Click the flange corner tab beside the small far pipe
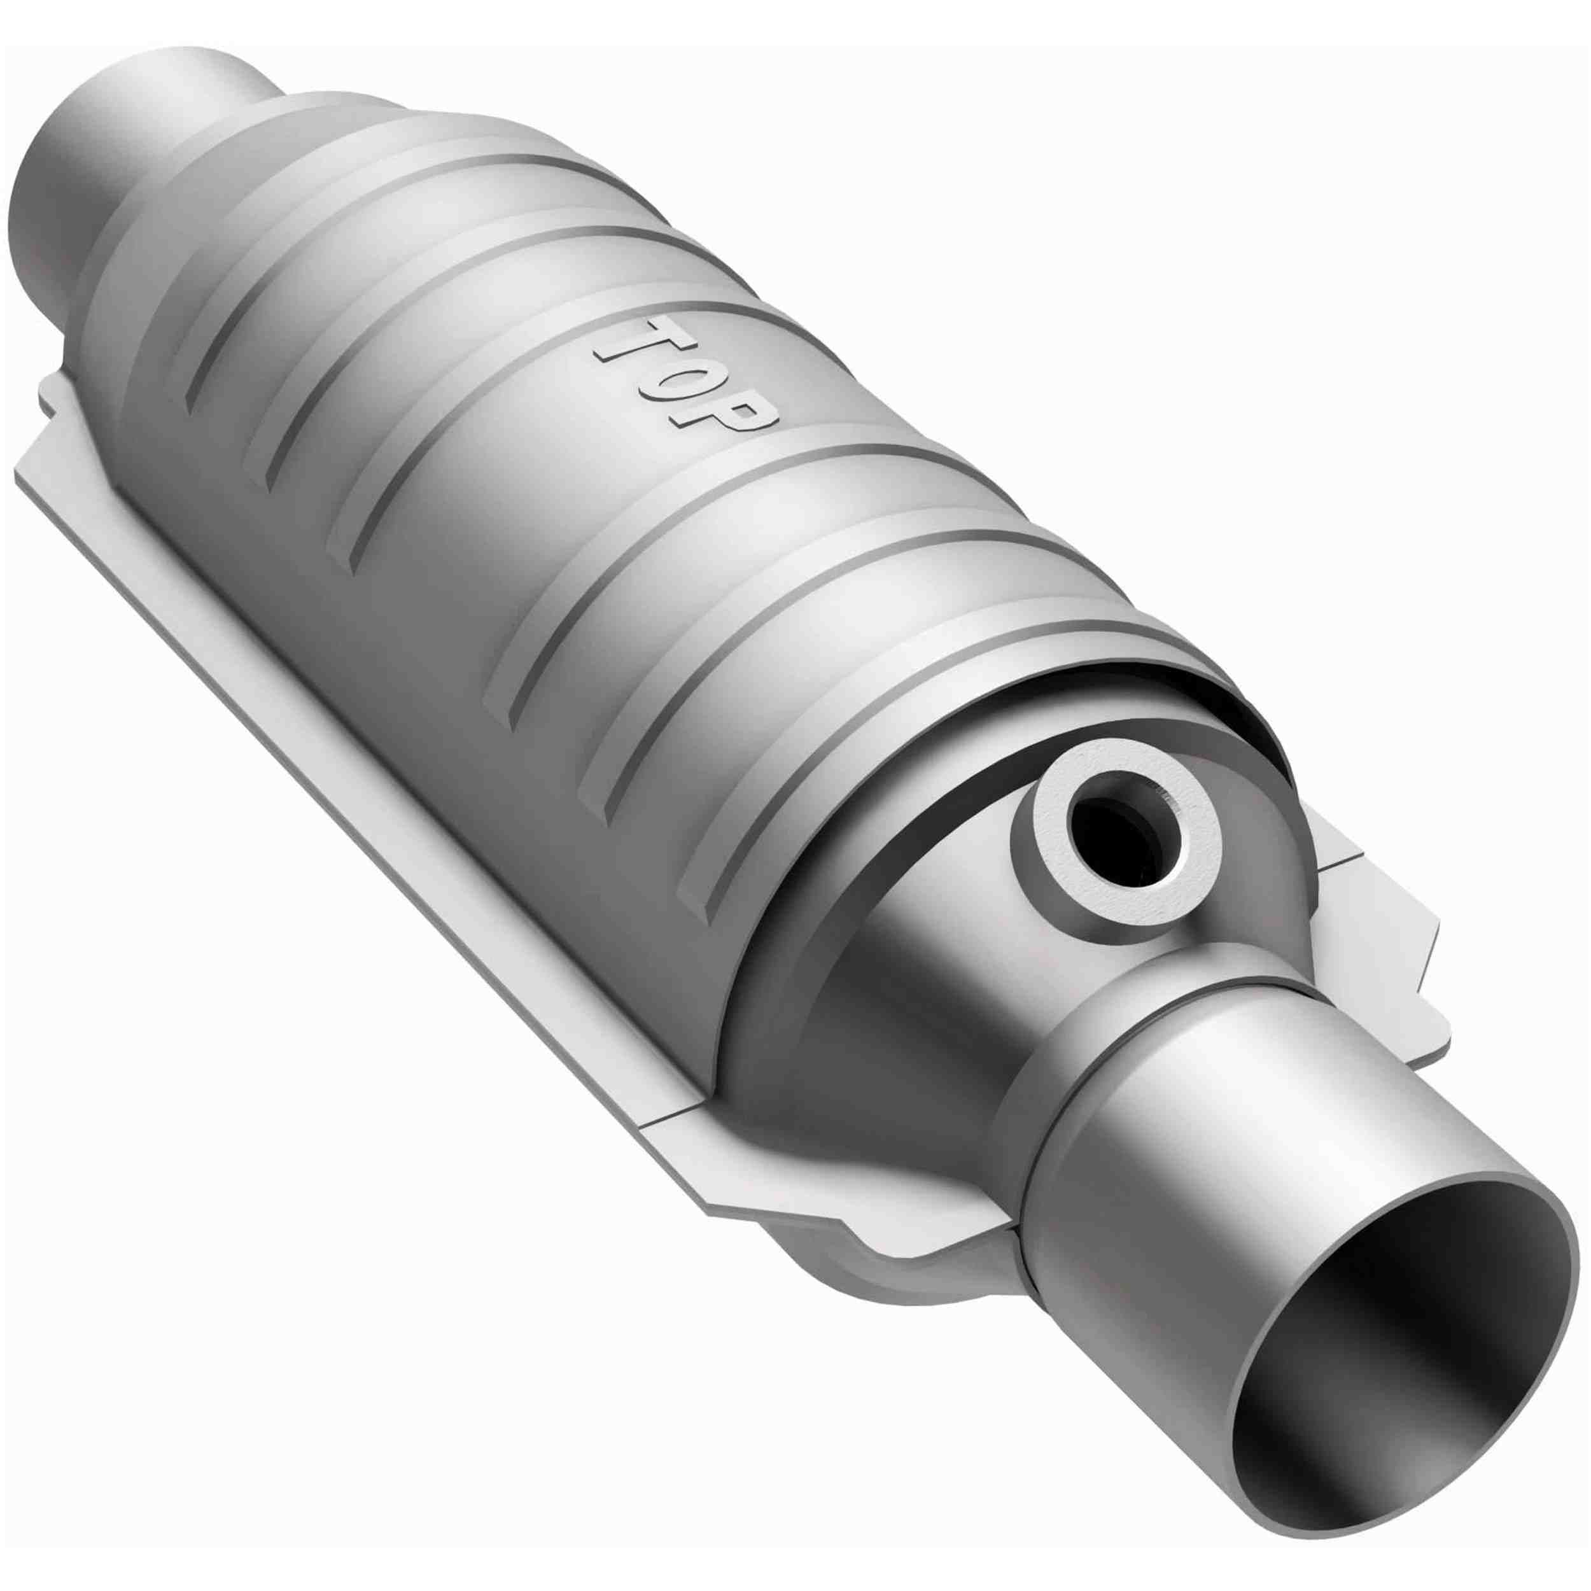click(50, 428)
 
